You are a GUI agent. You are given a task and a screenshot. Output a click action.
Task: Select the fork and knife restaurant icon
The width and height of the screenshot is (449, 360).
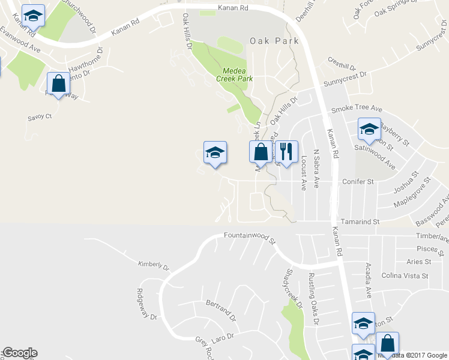(287, 154)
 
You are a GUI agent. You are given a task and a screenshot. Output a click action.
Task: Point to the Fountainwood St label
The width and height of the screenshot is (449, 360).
(249, 238)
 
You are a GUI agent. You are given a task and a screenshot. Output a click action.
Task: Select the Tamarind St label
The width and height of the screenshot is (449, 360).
(360, 221)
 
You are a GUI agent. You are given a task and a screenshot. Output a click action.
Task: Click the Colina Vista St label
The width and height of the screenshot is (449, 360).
(405, 276)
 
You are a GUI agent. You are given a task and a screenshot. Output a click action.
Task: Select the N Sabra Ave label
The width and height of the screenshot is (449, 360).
(316, 169)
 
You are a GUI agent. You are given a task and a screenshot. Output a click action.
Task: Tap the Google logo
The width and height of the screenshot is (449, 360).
(19, 353)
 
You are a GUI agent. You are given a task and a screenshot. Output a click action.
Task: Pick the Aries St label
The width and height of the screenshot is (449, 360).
(418, 262)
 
